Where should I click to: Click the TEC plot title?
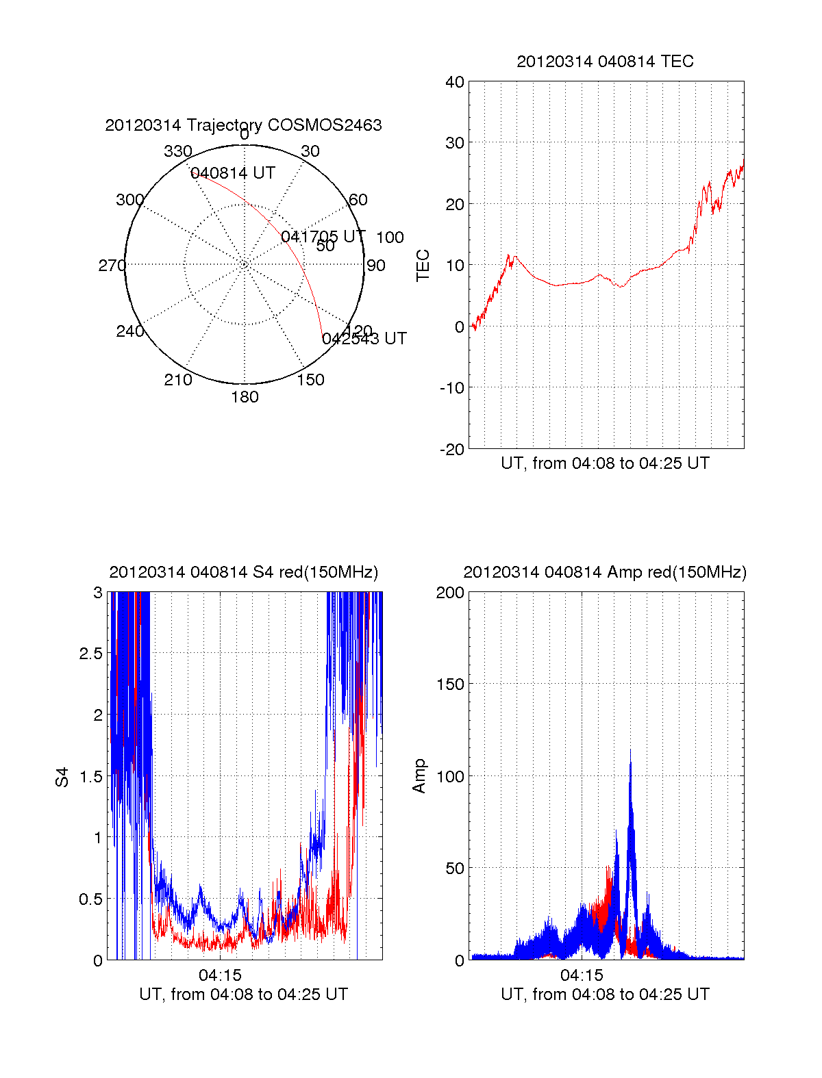605,62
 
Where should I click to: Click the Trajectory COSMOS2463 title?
243,125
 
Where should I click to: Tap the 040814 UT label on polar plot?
233,173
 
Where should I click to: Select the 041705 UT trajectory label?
323,237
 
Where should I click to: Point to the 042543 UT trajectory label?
364,339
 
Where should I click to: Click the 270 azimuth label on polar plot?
112,266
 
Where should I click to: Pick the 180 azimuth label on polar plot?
245,397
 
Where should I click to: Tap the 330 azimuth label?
177,151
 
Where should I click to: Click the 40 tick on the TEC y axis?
455,82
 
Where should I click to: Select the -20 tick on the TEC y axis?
453,450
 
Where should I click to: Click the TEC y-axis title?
423,266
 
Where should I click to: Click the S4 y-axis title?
62,777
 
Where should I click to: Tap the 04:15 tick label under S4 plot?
220,975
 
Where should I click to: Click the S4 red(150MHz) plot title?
243,572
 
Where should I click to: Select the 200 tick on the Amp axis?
450,593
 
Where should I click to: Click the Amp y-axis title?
419,775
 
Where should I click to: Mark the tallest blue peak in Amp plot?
630,751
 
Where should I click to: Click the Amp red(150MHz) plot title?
605,572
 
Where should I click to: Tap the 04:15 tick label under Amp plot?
582,975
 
